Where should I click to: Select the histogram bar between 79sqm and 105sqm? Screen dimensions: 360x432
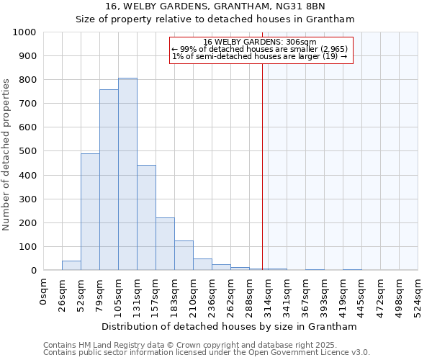point(109,180)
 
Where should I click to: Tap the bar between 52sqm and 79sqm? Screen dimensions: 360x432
point(90,212)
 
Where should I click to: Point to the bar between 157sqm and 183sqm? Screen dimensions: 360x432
point(165,244)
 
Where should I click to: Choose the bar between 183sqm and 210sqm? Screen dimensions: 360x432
point(184,256)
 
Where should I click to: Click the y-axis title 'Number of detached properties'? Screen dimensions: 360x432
point(6,151)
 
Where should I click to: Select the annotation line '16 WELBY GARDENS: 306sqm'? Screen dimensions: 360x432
point(260,42)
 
